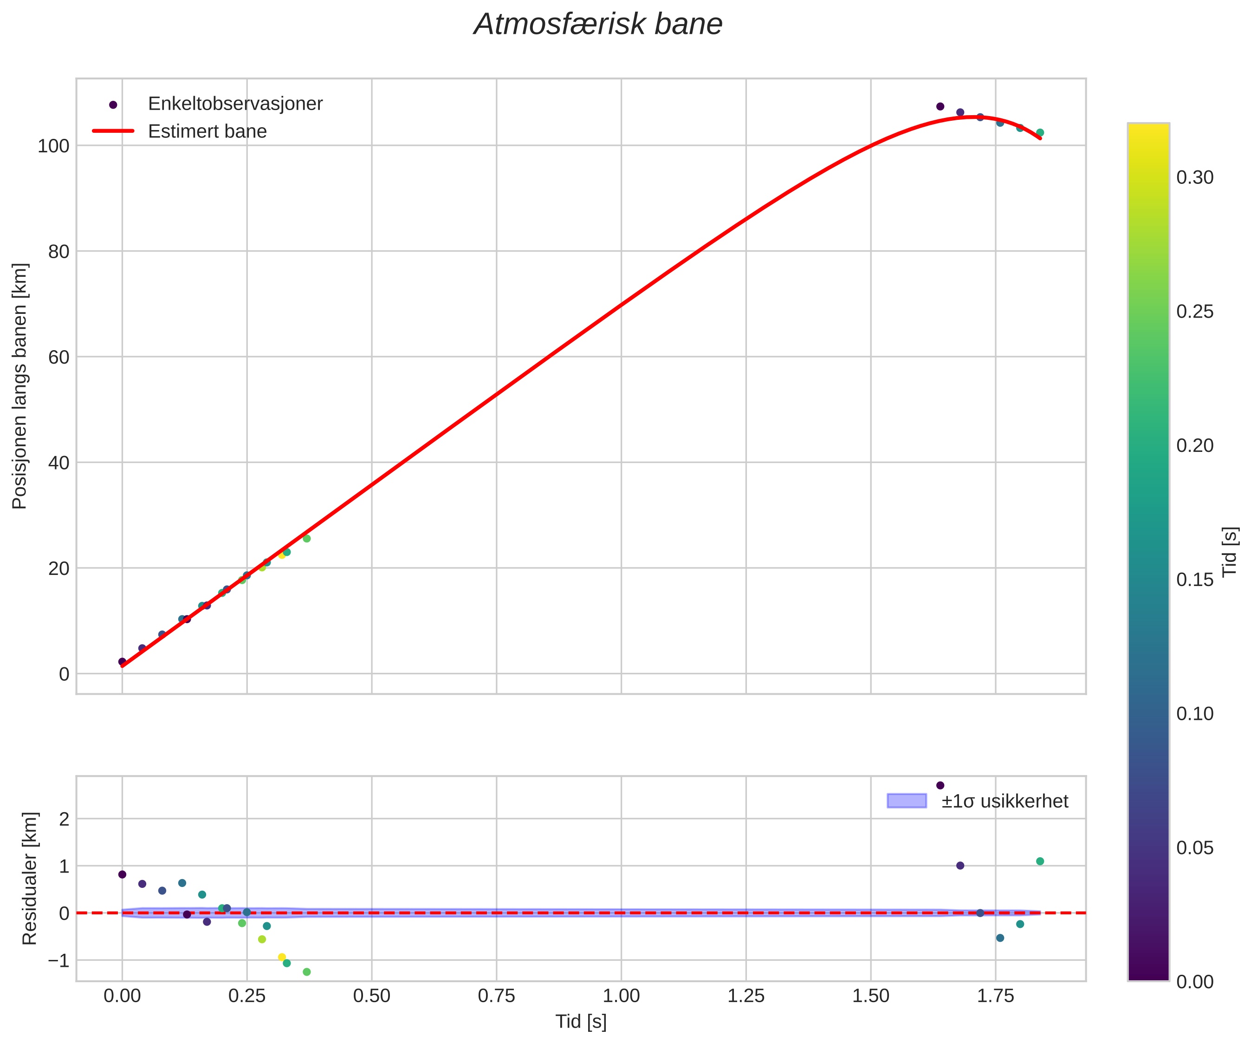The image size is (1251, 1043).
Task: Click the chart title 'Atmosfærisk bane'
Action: click(x=598, y=25)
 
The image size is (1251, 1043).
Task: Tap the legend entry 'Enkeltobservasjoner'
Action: click(x=235, y=104)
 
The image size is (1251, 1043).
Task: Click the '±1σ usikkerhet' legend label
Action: click(x=1005, y=801)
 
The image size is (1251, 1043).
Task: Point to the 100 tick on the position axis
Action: click(x=54, y=146)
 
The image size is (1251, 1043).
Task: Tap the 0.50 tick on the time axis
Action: click(x=371, y=995)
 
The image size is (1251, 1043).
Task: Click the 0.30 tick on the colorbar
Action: click(x=1194, y=177)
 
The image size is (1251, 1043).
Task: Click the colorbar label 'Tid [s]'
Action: click(x=1230, y=551)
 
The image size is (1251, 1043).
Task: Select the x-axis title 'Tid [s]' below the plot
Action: click(x=581, y=1022)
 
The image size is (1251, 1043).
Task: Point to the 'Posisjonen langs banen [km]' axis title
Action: click(x=20, y=386)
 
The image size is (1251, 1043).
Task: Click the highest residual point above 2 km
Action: click(x=940, y=785)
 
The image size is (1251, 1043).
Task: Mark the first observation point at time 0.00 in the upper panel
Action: click(x=122, y=662)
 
